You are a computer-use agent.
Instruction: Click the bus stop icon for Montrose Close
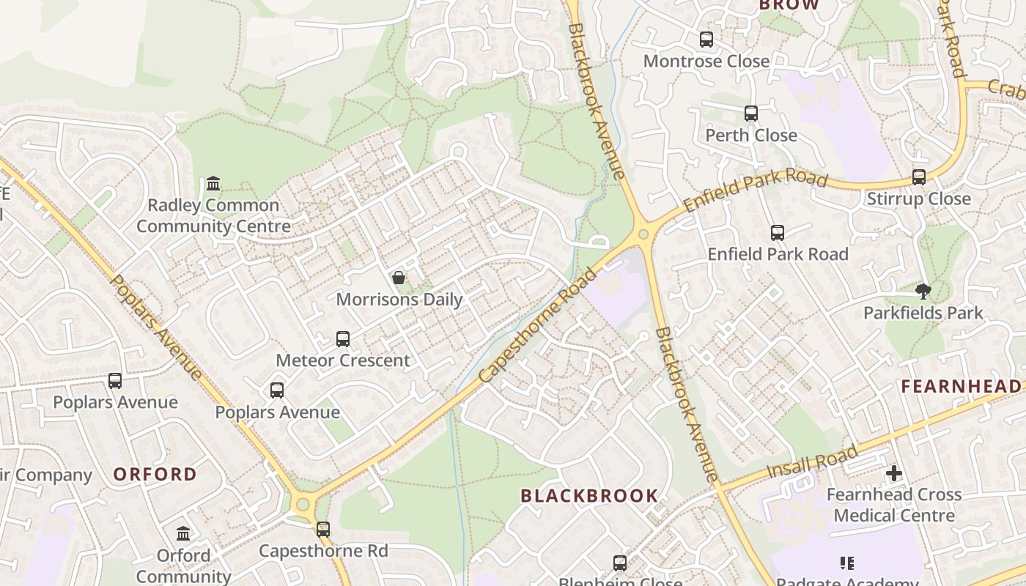click(x=706, y=40)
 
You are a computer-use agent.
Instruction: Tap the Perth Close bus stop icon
click(x=751, y=114)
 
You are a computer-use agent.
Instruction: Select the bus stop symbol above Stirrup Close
click(x=919, y=177)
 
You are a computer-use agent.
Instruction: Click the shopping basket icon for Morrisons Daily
click(x=399, y=278)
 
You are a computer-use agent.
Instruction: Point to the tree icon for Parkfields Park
click(x=923, y=292)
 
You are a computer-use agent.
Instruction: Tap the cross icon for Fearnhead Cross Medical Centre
click(x=894, y=473)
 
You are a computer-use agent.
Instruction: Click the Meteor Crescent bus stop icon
click(x=343, y=339)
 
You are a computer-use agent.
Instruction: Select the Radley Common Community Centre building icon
click(x=213, y=183)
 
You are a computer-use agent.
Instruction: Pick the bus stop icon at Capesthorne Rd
click(x=323, y=529)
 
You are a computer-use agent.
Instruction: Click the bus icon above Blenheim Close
click(x=620, y=563)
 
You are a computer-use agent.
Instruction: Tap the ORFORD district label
click(x=155, y=474)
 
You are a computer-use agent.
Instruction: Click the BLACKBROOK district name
click(x=589, y=496)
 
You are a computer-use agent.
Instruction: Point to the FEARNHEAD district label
click(x=961, y=386)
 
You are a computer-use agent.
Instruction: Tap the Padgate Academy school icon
click(x=847, y=563)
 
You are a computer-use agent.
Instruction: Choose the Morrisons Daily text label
click(x=399, y=299)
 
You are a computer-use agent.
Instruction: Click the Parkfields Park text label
click(x=923, y=313)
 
